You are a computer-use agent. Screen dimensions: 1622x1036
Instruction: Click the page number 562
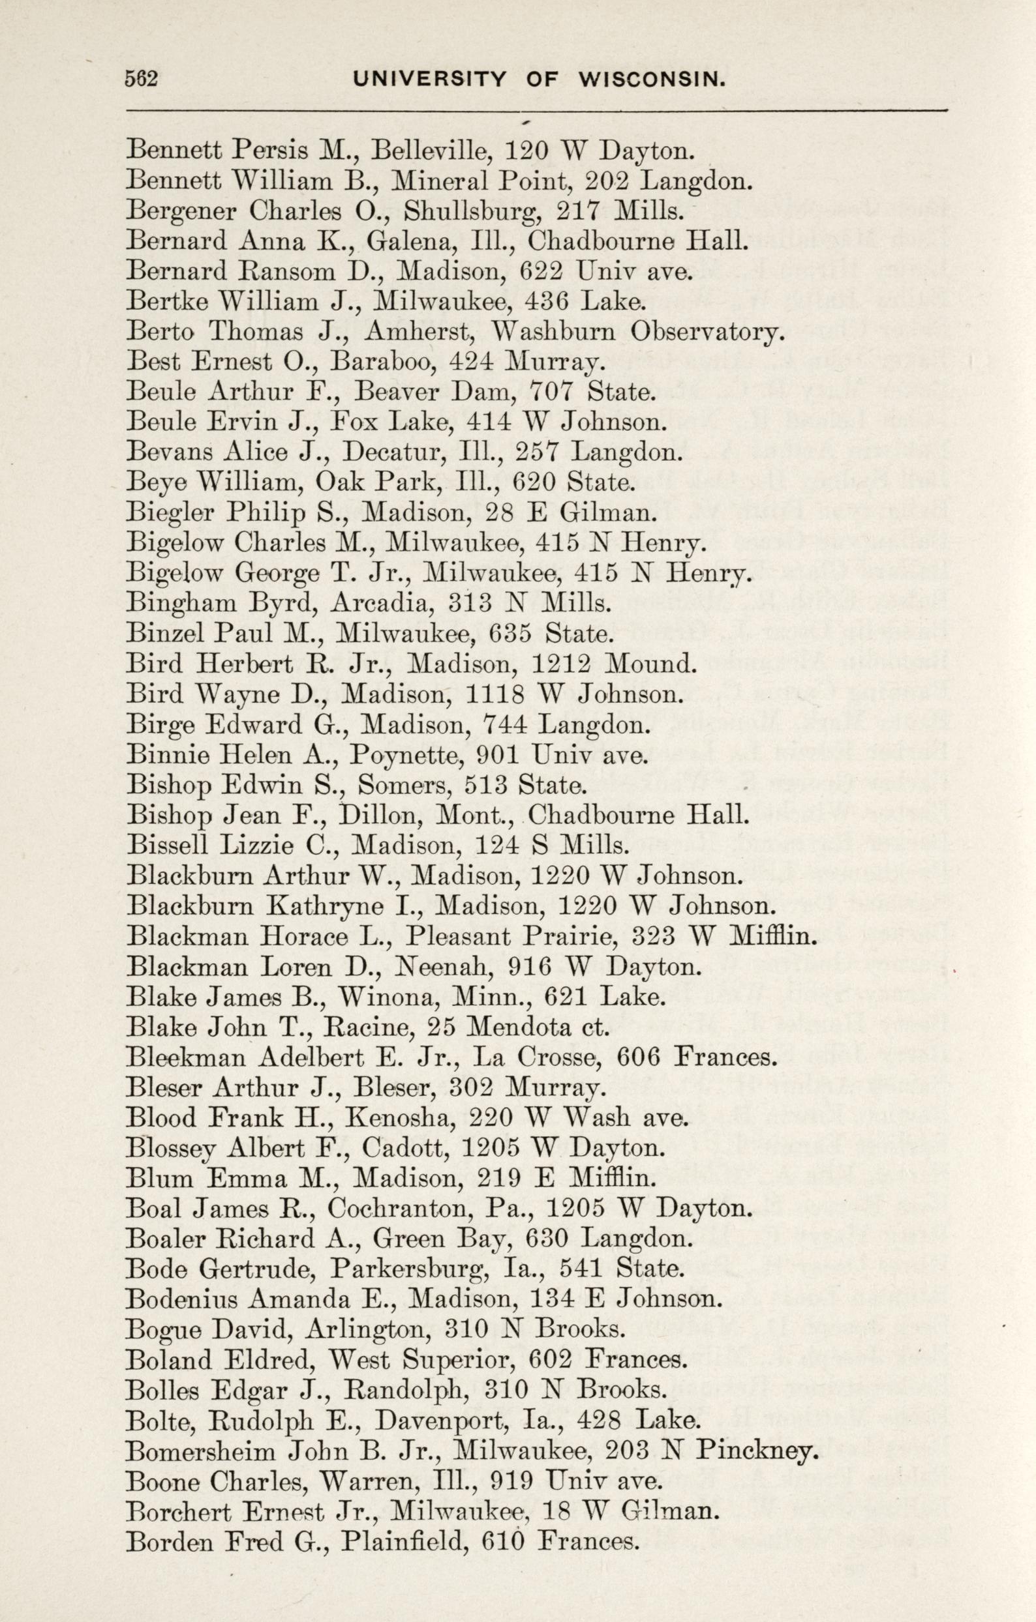[x=141, y=80]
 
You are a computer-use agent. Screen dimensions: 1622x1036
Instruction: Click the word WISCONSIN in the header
[x=652, y=80]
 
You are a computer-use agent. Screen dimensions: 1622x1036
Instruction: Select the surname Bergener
[x=181, y=211]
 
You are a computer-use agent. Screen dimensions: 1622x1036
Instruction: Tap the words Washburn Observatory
[x=638, y=332]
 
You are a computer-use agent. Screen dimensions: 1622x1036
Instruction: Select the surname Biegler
[x=170, y=514]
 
